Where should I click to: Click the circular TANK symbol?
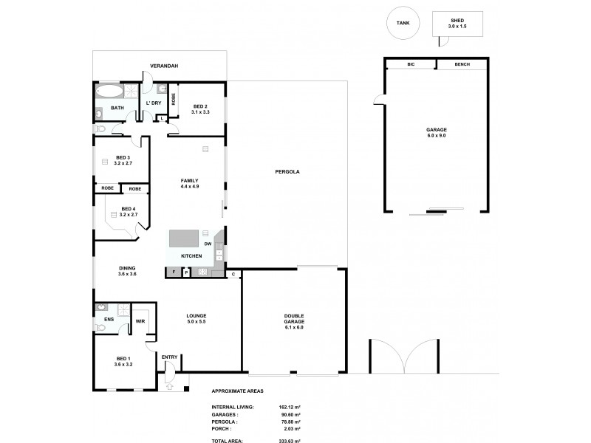(x=403, y=23)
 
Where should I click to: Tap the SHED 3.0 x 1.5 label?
(x=457, y=24)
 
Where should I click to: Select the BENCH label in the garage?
(x=462, y=65)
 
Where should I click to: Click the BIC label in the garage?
(x=411, y=65)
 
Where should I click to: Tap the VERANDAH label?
(x=163, y=66)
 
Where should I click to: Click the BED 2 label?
(x=201, y=109)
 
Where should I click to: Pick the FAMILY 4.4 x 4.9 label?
(x=190, y=184)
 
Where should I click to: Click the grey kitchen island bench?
(x=184, y=238)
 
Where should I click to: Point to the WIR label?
(x=140, y=321)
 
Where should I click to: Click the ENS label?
(x=109, y=320)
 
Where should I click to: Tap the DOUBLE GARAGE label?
(x=294, y=318)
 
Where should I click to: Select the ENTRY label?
(x=169, y=357)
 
